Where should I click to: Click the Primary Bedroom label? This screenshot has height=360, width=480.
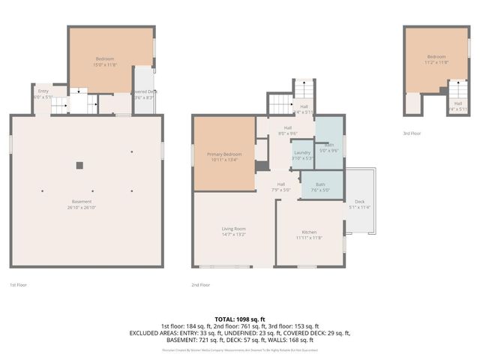tap(225, 154)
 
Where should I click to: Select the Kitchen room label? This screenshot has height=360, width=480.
tap(308, 232)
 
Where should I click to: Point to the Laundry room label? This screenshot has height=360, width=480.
tap(301, 152)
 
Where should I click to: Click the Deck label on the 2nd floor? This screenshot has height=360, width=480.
tap(359, 201)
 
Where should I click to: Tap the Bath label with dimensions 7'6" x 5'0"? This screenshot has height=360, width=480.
tap(320, 184)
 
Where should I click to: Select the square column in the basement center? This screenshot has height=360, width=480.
tap(79, 165)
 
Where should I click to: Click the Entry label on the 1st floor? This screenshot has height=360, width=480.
tap(43, 91)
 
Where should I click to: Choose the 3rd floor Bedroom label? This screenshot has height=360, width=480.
tap(436, 57)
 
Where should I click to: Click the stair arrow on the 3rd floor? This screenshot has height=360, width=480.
tap(457, 93)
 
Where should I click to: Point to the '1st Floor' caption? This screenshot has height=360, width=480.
tap(19, 285)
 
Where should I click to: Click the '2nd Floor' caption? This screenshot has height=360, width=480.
tap(200, 285)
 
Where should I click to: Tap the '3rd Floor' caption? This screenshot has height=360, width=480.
tap(412, 134)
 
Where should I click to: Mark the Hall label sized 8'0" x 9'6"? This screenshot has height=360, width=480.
tap(287, 128)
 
